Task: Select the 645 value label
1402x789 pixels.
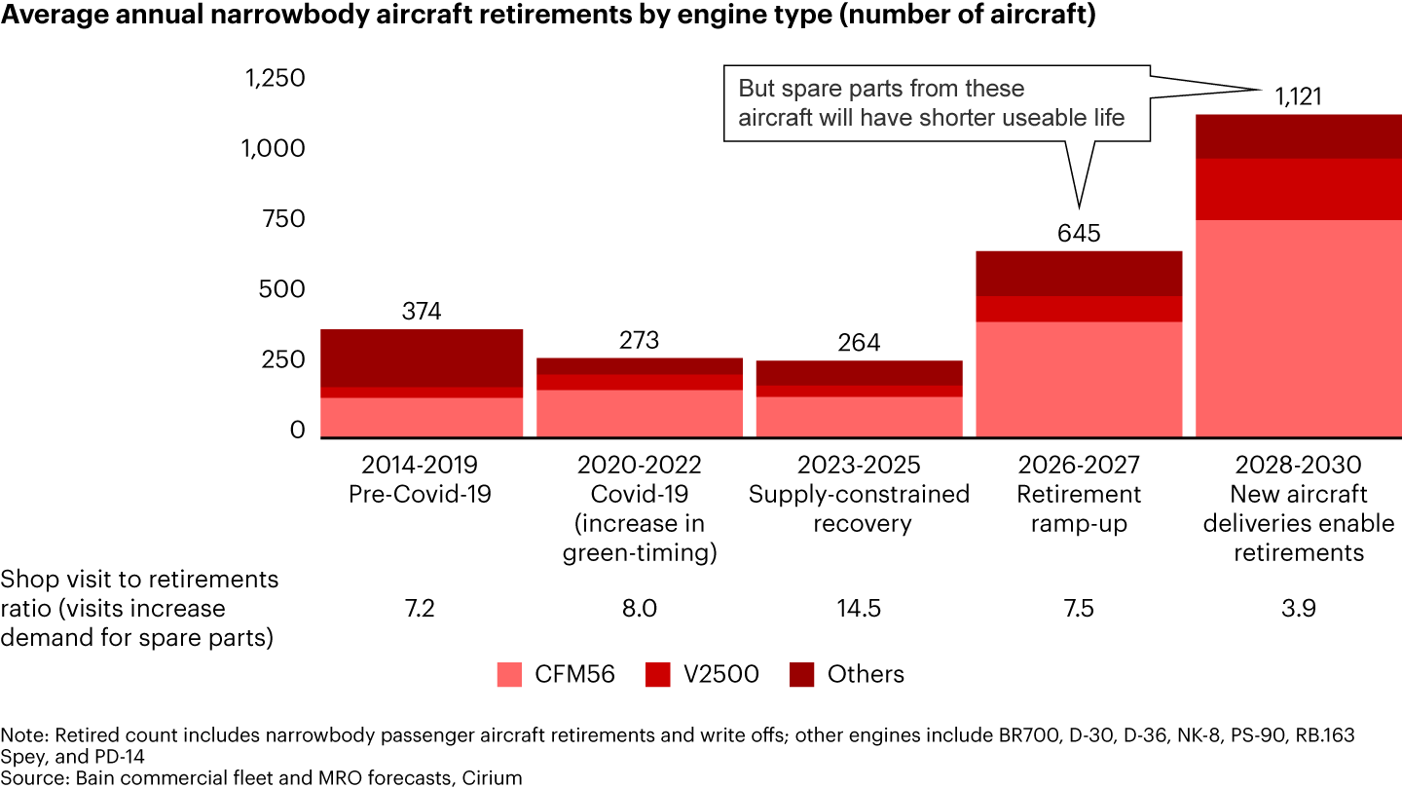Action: click(1079, 234)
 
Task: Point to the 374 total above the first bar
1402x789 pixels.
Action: click(422, 312)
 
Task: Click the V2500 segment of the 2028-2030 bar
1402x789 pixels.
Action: click(1298, 189)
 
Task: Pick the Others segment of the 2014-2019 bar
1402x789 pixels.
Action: click(422, 358)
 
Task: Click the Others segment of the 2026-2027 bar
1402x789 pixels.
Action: click(1079, 274)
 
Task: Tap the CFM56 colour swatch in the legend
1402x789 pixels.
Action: click(510, 674)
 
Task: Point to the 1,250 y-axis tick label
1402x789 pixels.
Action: click(275, 79)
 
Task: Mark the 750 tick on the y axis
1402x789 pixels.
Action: click(282, 219)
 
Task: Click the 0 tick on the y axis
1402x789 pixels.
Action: click(298, 431)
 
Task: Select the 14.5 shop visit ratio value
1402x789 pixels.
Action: click(859, 609)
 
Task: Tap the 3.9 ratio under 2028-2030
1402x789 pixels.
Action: click(1298, 609)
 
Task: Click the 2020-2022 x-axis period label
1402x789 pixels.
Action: click(639, 465)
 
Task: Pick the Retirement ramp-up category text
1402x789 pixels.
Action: click(1079, 508)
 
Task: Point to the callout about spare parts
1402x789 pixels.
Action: click(932, 103)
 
